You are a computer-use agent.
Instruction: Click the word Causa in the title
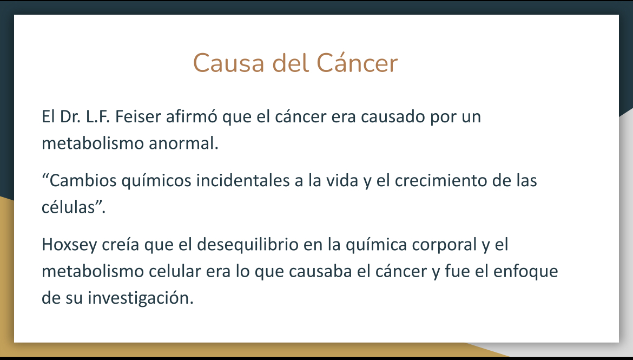tap(229, 63)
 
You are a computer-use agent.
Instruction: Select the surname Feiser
tap(138, 116)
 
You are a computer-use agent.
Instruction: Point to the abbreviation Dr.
tap(70, 116)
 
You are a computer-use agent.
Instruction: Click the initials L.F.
tap(98, 116)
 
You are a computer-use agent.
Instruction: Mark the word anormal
tap(184, 143)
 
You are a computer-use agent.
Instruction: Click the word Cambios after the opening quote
tap(83, 180)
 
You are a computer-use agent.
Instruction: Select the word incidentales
tap(243, 180)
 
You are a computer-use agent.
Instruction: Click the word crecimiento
tap(441, 180)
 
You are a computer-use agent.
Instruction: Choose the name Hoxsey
tap(69, 245)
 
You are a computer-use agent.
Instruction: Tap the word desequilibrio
tap(247, 245)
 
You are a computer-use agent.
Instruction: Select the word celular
tap(175, 271)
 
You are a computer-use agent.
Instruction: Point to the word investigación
tap(141, 298)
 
